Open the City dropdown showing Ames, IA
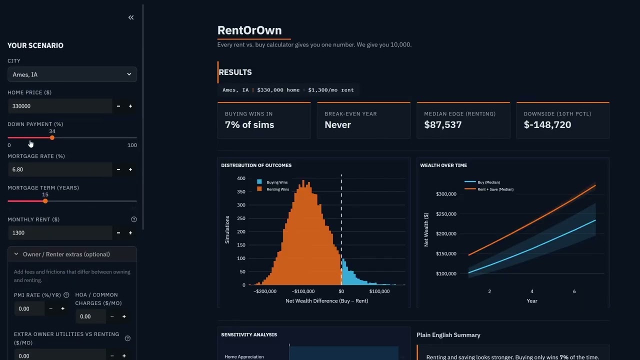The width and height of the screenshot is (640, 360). point(72,74)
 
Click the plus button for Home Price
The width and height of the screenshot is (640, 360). point(130,106)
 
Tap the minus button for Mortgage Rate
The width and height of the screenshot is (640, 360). point(118,169)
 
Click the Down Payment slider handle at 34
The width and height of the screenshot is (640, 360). point(52,137)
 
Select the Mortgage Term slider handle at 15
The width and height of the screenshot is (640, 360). point(45,201)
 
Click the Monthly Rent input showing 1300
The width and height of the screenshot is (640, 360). point(60,232)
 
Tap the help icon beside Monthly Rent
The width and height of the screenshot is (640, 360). point(133,219)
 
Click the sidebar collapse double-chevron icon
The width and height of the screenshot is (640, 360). point(131,17)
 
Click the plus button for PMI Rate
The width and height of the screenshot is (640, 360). point(62,308)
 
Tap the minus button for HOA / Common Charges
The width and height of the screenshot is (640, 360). point(112,316)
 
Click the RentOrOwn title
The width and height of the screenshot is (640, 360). point(249,30)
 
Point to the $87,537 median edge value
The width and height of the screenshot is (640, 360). point(442,124)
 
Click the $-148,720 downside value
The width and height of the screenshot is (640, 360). point(547,124)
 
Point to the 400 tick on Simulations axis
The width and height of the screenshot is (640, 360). point(241,178)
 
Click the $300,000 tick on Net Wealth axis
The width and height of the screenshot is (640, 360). point(446,194)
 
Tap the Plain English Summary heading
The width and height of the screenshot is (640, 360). point(448,335)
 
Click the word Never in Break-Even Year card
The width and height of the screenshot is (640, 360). point(337,124)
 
